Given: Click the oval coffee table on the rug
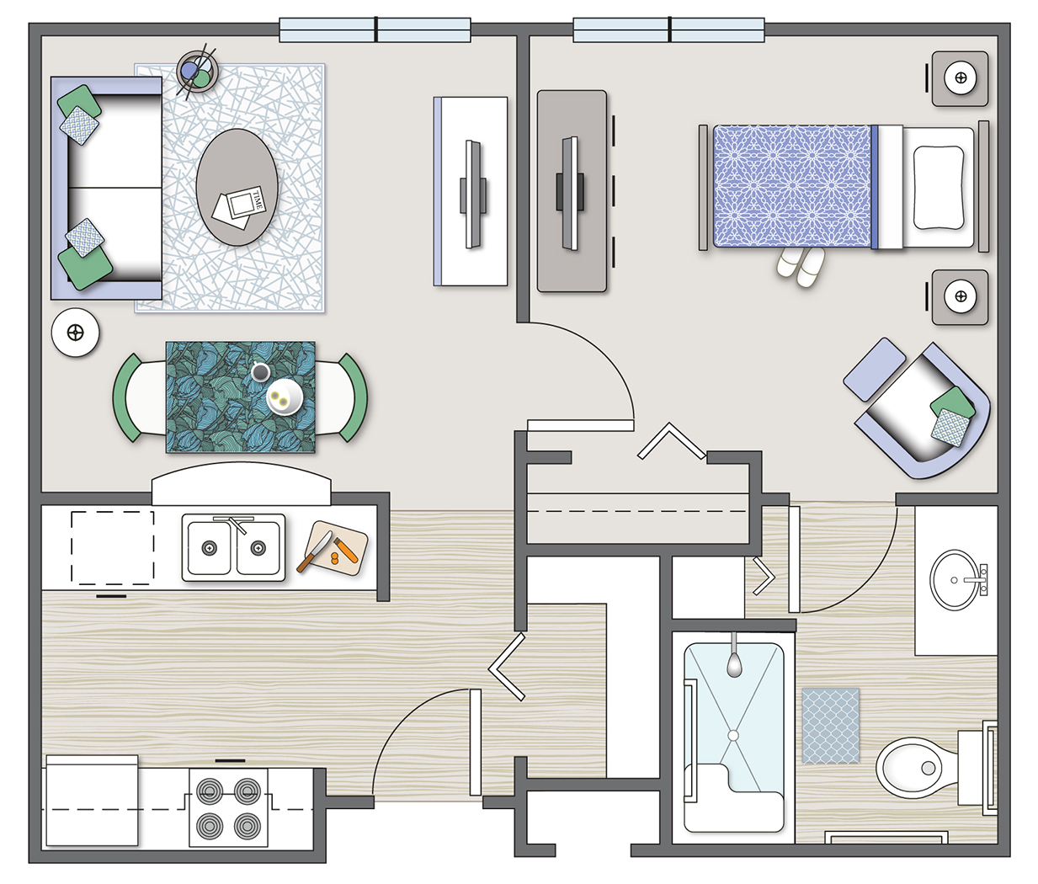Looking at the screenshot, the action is pos(237,187).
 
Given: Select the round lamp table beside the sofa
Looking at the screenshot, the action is pos(75,333).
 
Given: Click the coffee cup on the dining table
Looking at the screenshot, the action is pos(260,371).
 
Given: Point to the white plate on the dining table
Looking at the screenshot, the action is pos(285,397).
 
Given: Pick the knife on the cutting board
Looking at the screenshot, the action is pos(315,551).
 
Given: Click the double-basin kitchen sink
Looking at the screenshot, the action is pos(233,547).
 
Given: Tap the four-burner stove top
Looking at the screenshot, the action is pos(228,810).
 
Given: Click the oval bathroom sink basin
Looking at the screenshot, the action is pos(955,580).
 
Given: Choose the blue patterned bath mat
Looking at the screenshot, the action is pos(831,726).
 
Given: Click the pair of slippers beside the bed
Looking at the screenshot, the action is pos(801,267).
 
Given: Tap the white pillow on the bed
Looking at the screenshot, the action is pos(939,188).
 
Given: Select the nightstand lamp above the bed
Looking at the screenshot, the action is pos(961,78).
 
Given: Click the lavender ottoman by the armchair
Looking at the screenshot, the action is pos(875,369).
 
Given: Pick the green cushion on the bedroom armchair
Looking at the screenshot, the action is pos(952,405).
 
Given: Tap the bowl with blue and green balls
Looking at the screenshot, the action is pos(197,72).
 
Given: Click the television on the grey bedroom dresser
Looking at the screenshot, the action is pos(570,193).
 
